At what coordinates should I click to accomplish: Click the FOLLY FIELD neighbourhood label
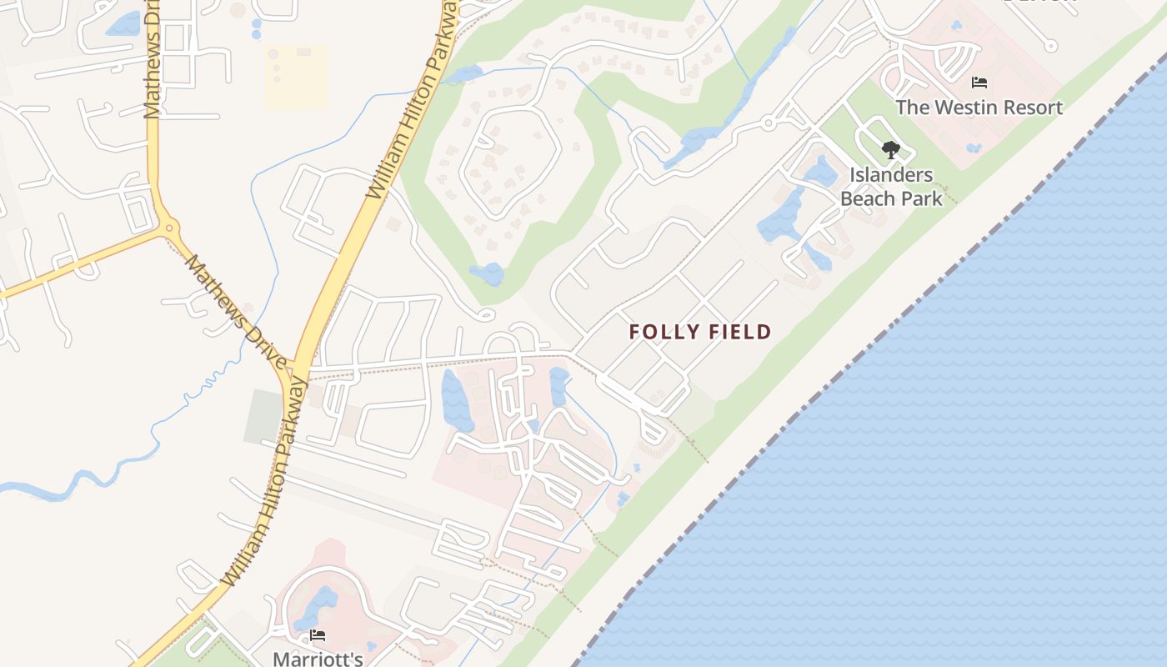click(x=700, y=332)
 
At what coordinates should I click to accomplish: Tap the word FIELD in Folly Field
click(x=737, y=332)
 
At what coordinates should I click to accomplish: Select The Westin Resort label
click(x=979, y=108)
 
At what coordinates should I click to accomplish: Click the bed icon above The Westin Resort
click(x=979, y=83)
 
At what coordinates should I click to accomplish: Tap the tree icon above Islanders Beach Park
click(x=891, y=151)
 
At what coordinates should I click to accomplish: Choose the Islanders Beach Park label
click(x=891, y=187)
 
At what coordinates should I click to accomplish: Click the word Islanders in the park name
click(x=891, y=175)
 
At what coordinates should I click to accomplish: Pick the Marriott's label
click(x=318, y=659)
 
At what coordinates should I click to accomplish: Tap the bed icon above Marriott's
click(x=318, y=635)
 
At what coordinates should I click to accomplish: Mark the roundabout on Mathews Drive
click(x=169, y=226)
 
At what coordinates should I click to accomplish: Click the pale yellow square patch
click(x=296, y=77)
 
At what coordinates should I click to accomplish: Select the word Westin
click(x=956, y=108)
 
